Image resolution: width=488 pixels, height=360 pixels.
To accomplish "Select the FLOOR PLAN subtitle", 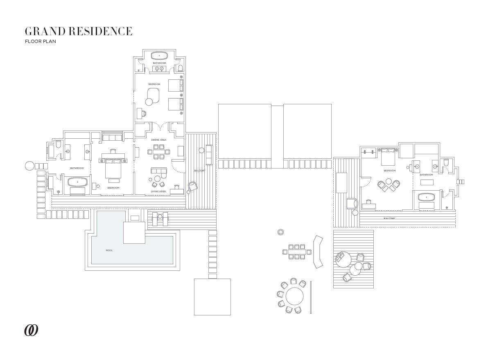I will coord(40,41).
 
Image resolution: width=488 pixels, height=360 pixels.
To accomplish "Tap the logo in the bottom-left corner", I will coord(31,331).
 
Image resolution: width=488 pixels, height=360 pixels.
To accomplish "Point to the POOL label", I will coord(109,250).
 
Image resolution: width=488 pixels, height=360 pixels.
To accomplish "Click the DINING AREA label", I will coord(159,140).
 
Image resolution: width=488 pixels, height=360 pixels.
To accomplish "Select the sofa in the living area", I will coord(158,171).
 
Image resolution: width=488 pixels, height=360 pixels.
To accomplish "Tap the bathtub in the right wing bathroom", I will coord(427,197).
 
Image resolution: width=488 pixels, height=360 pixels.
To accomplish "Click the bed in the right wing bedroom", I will coord(388,157).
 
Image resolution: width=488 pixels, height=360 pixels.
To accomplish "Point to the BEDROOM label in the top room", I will coord(154,84).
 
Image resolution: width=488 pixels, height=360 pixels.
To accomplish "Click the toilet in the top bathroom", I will coord(180,67).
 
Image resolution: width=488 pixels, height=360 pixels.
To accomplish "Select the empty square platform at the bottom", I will coord(212,297).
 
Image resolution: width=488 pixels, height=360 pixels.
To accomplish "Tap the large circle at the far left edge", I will coord(29,166).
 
